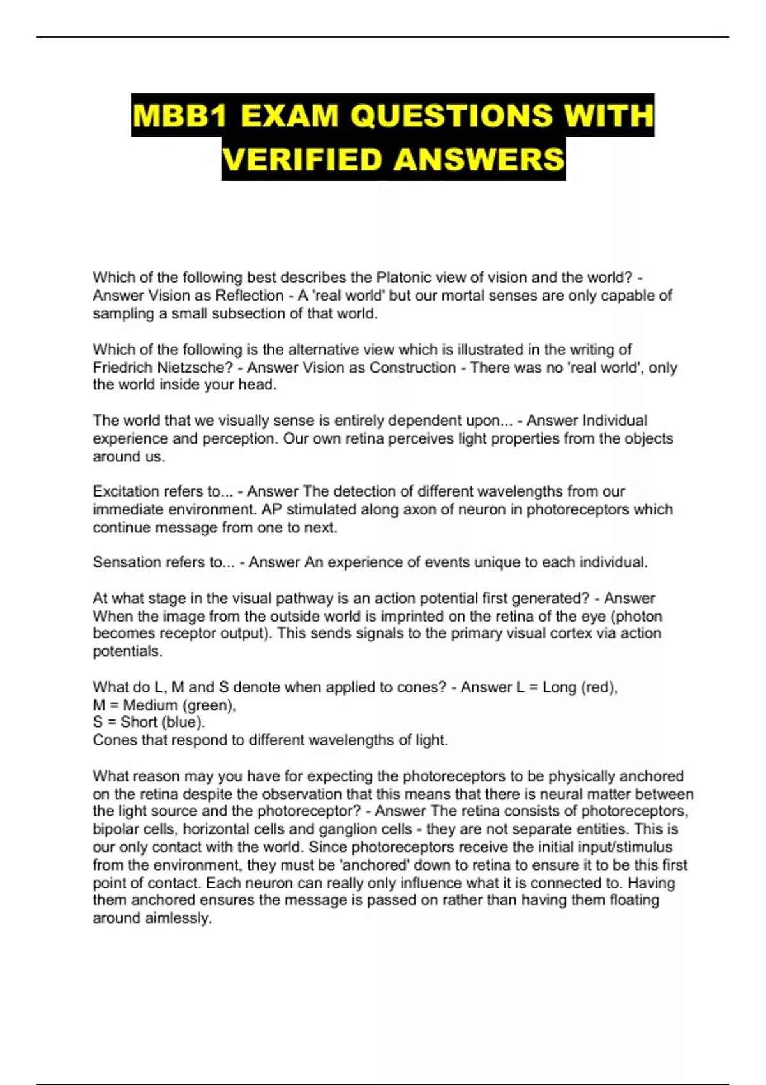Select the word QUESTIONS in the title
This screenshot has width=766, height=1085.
point(451,116)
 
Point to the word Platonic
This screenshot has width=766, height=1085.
point(405,278)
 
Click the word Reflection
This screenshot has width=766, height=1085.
point(250,296)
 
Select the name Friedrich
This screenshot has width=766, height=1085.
point(123,368)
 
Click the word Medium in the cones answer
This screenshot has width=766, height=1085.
point(150,705)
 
